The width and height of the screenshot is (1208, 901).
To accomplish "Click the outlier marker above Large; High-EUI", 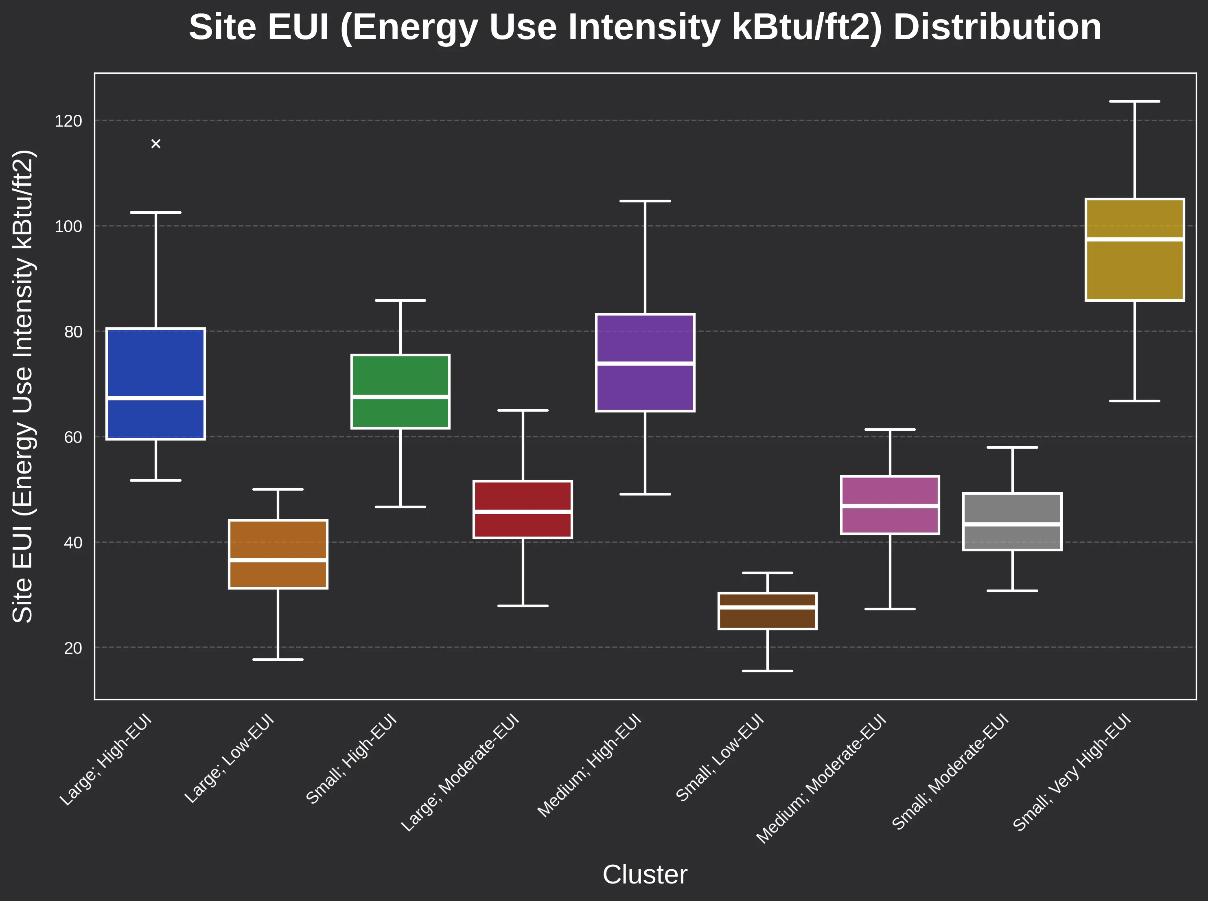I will pyautogui.click(x=156, y=144).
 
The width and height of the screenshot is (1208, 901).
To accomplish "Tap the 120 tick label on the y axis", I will pyautogui.click(x=69, y=121).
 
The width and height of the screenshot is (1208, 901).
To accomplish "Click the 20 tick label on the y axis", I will pyautogui.click(x=73, y=648).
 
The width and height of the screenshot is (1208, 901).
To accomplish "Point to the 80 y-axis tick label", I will pyautogui.click(x=73, y=331).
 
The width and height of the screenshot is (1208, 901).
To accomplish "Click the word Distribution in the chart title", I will pyautogui.click(x=997, y=27).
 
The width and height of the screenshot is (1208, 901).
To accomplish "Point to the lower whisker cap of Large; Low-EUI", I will pyautogui.click(x=278, y=660).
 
